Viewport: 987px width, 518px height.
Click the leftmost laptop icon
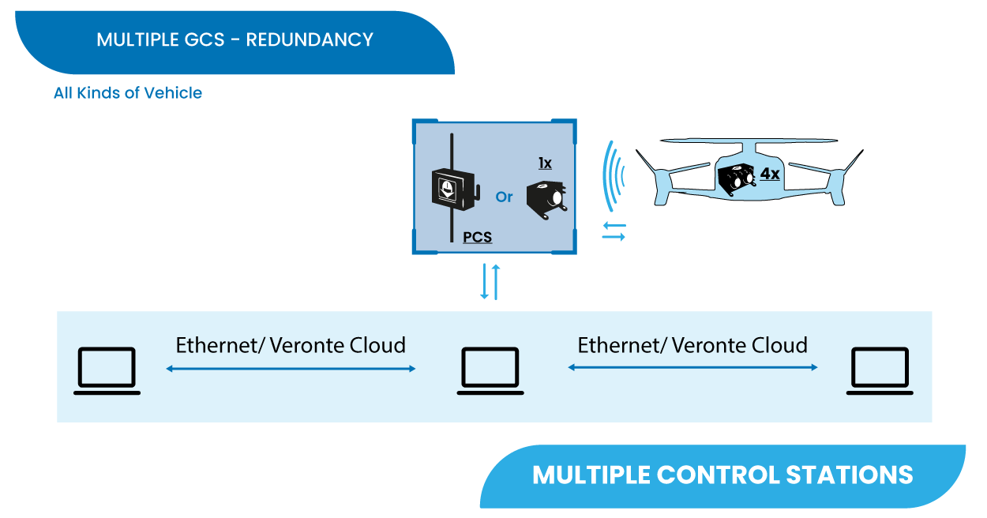(107, 370)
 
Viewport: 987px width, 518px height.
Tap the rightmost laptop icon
(880, 370)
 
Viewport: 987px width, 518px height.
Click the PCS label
(477, 236)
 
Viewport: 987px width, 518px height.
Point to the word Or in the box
(504, 197)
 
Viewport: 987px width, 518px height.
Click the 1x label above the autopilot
(545, 163)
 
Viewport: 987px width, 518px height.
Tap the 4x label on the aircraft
(769, 173)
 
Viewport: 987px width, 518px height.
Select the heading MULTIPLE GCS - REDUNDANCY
(235, 39)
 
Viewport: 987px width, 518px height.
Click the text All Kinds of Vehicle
(128, 93)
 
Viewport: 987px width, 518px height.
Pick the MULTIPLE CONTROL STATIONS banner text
(722, 475)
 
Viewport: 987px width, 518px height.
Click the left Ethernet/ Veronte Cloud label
(291, 345)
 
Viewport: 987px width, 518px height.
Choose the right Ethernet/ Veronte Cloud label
(692, 345)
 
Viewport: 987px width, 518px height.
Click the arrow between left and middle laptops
(291, 369)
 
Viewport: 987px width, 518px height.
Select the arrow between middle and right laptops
(692, 367)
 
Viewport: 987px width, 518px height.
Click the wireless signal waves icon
(613, 175)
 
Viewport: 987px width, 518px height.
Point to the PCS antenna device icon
(452, 190)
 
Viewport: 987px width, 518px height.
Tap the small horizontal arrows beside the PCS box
(614, 231)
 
